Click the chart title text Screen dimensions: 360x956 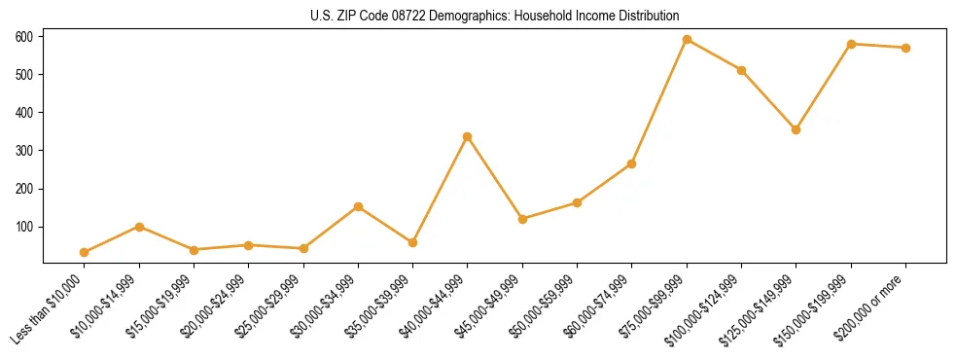(477, 16)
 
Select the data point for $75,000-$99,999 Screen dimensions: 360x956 (687, 40)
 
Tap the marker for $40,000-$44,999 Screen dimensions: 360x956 (468, 137)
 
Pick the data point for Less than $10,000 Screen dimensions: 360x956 (84, 252)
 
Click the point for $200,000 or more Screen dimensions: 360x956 (905, 48)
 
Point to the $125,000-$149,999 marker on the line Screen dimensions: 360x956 (797, 129)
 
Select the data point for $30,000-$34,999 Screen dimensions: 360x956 (358, 206)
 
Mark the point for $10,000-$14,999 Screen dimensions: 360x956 (139, 227)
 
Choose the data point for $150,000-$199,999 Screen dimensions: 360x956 (851, 44)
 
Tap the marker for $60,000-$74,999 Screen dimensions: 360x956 (632, 163)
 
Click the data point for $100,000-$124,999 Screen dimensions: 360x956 (741, 70)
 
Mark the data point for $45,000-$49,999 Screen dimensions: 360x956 (522, 219)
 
